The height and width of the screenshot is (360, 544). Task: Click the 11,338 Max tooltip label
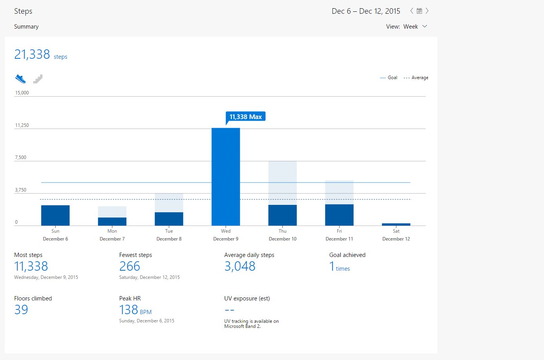click(246, 117)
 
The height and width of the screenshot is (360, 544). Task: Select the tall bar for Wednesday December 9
click(226, 177)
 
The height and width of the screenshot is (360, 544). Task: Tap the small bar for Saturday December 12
click(396, 224)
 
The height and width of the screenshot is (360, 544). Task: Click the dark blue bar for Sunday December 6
click(55, 215)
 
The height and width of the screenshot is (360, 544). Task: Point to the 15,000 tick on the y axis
click(22, 92)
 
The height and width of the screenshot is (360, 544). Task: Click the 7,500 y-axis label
click(21, 157)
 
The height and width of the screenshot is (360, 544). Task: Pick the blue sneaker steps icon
click(20, 79)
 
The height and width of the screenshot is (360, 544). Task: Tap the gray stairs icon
click(38, 79)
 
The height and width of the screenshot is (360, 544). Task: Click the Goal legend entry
click(389, 78)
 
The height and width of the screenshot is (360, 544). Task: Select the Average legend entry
click(416, 78)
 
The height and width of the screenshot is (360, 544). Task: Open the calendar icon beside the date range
click(419, 11)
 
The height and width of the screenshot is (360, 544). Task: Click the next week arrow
click(427, 11)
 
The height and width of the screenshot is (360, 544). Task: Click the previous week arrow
click(412, 11)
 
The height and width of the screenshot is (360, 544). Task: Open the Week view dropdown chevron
click(425, 26)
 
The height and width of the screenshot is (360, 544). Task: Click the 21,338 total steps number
click(32, 54)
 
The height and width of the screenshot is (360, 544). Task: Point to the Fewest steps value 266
click(130, 266)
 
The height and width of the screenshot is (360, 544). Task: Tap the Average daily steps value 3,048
click(240, 266)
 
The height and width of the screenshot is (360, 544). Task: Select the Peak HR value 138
click(128, 310)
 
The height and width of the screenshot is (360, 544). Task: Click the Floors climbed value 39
click(21, 309)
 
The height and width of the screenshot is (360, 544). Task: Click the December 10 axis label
click(282, 239)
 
